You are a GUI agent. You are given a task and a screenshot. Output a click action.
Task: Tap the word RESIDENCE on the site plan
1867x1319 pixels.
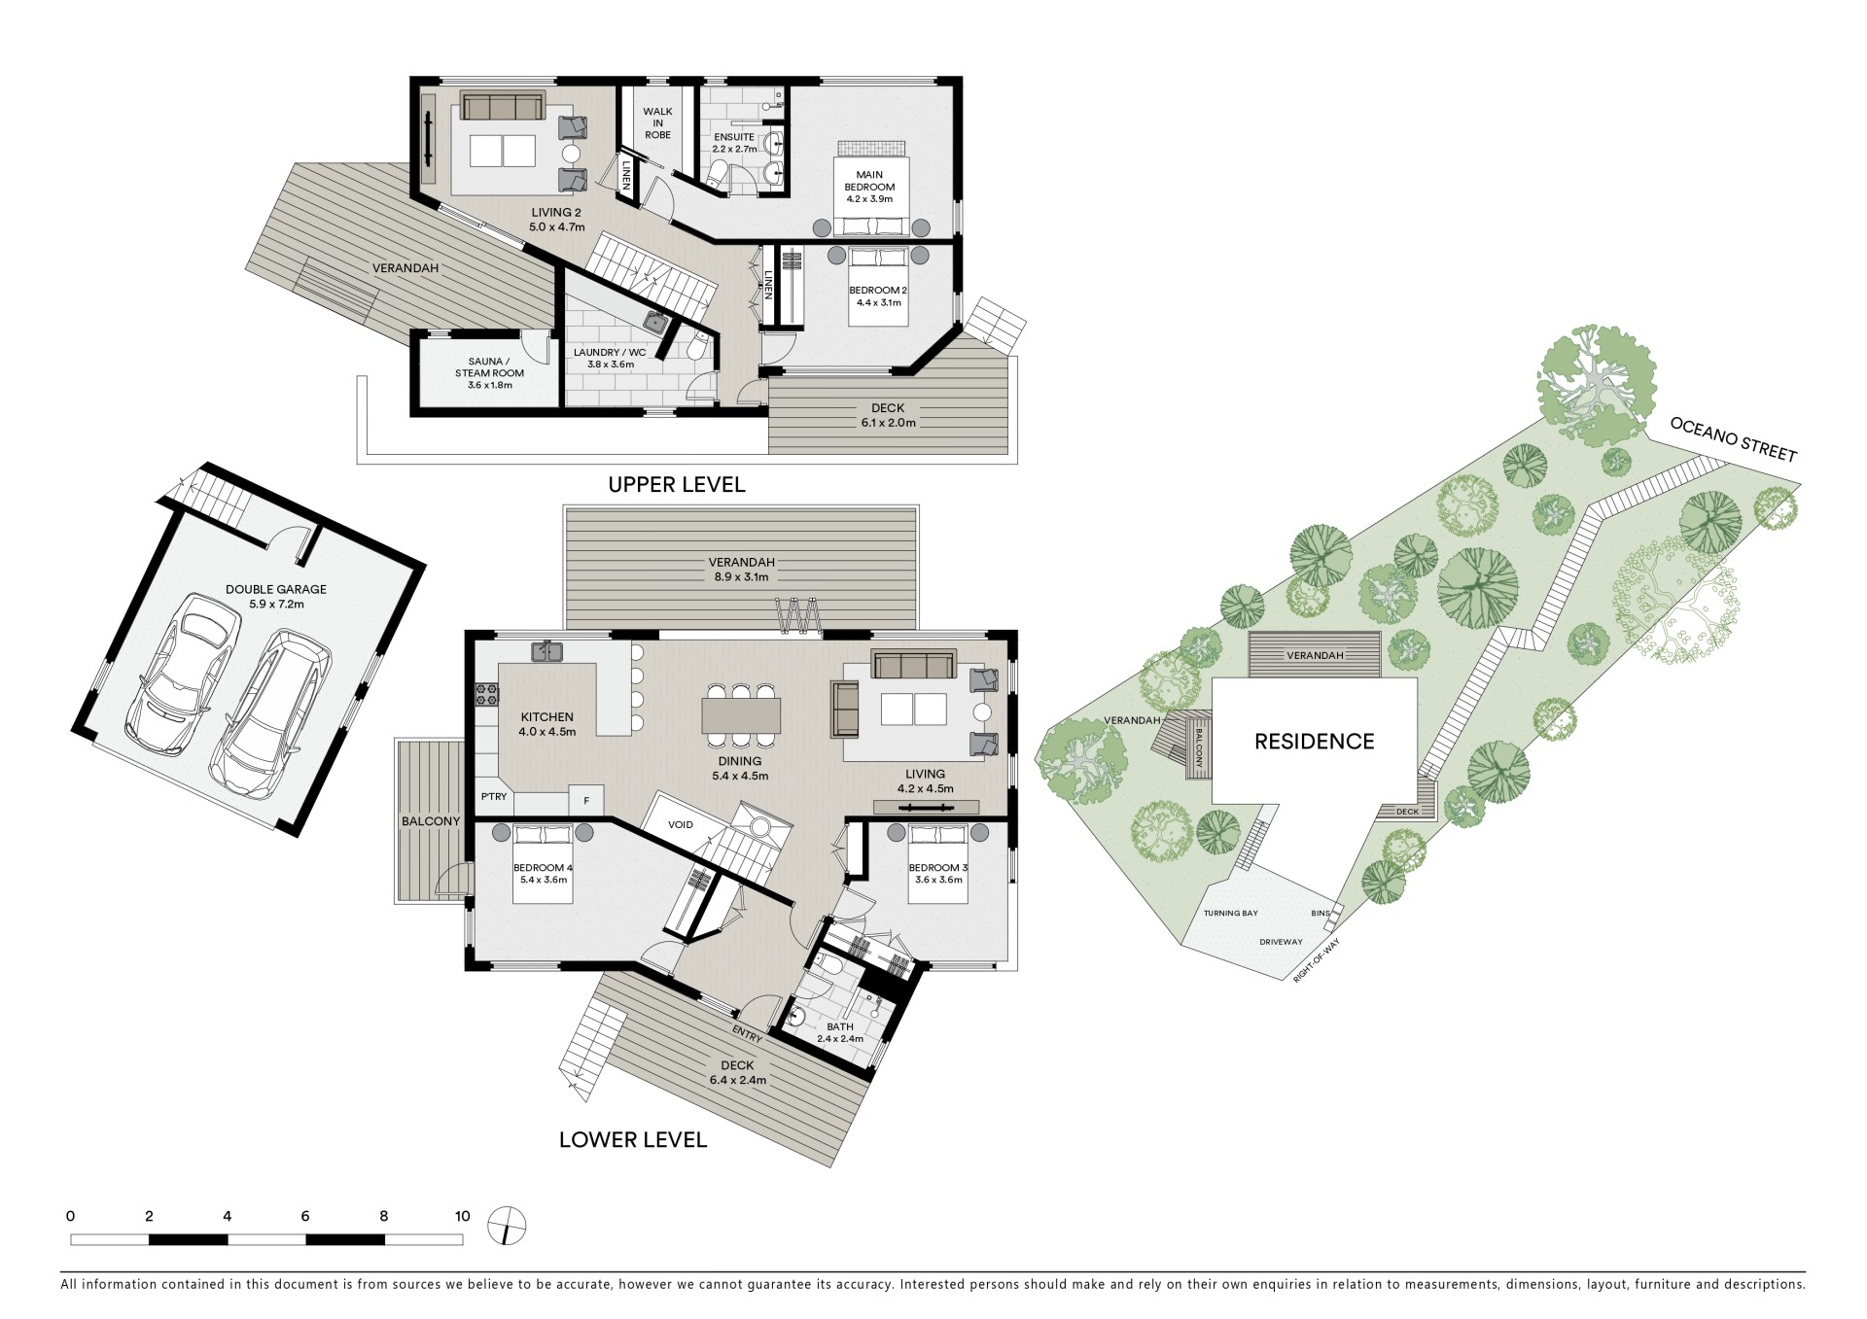click(1314, 742)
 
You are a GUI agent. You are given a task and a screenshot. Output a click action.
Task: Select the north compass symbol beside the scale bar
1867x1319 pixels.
click(506, 1225)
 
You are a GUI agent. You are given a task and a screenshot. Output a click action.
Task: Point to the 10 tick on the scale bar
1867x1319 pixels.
click(462, 1216)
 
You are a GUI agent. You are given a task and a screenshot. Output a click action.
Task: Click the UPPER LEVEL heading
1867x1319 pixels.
click(677, 484)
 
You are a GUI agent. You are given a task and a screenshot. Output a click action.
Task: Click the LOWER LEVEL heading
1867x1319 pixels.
click(633, 1140)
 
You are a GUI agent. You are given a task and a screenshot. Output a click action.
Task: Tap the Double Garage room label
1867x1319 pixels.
click(276, 589)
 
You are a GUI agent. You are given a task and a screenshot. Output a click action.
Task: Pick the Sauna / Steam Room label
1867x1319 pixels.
click(489, 367)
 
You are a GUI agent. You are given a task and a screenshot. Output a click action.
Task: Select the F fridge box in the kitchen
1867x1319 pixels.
click(586, 801)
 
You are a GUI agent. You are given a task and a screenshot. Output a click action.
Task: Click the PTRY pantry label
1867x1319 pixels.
click(494, 797)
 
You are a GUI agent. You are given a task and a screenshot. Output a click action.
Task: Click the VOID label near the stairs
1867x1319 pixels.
click(681, 825)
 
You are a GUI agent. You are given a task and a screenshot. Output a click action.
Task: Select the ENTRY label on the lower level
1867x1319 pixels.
click(747, 1030)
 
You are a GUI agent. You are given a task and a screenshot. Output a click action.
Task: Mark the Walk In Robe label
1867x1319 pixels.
click(657, 123)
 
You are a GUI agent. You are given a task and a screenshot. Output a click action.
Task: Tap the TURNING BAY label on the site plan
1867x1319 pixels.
click(1230, 914)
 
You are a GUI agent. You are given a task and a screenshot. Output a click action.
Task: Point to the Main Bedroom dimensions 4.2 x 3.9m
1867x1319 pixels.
click(869, 199)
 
